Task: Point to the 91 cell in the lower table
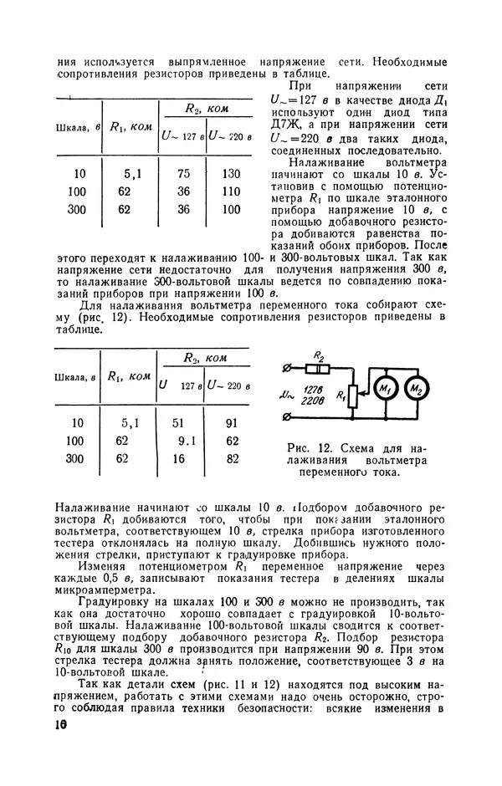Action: coord(232,422)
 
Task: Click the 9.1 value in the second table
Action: coord(186,441)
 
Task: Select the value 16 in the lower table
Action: coord(178,458)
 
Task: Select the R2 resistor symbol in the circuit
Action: coord(317,369)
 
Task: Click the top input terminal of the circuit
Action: coord(287,369)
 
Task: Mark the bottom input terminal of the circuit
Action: coord(287,416)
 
